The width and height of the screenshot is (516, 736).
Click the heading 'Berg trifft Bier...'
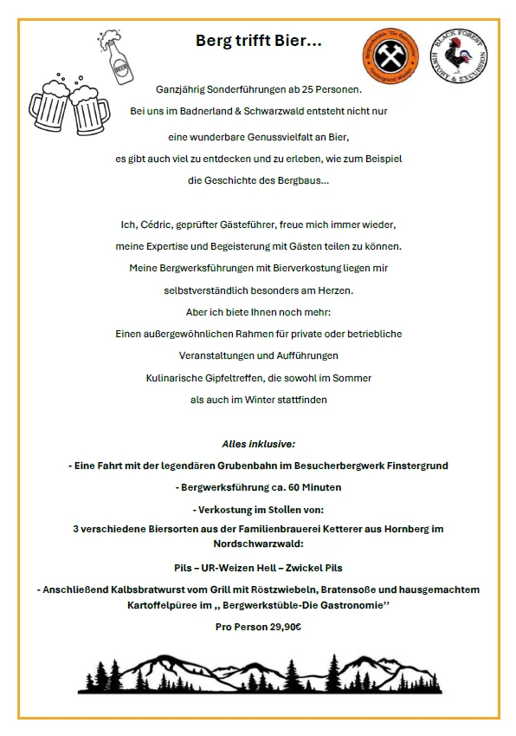[x=258, y=40]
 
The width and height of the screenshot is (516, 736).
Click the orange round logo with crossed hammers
[x=385, y=58]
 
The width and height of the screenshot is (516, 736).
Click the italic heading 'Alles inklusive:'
[x=258, y=443]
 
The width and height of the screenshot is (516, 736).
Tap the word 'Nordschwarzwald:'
[x=257, y=544]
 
